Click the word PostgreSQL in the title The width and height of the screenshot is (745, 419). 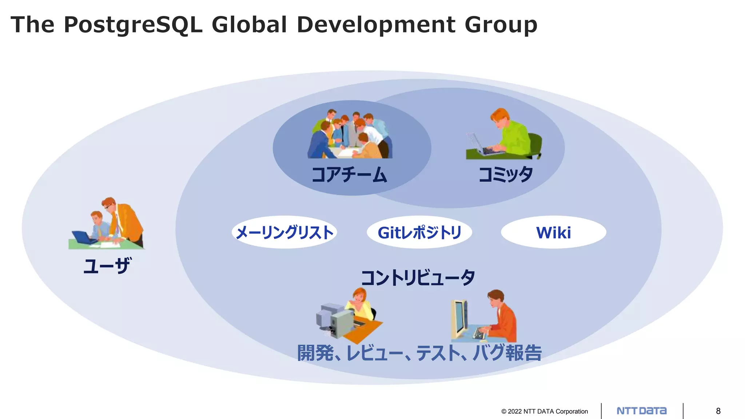click(133, 25)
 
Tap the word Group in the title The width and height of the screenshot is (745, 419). click(501, 25)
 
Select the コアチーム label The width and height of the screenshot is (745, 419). click(349, 175)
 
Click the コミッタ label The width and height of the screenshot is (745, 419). click(506, 175)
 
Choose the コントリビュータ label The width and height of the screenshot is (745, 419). click(418, 278)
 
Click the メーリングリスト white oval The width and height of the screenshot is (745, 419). click(284, 232)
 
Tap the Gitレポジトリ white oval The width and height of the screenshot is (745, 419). click(419, 232)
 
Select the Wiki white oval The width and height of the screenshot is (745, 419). click(553, 232)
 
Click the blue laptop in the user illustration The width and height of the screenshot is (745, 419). click(83, 237)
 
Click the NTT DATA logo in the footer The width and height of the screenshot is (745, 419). click(642, 411)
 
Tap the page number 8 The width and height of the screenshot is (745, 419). click(718, 411)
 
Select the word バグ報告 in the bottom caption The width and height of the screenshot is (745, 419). click(507, 353)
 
